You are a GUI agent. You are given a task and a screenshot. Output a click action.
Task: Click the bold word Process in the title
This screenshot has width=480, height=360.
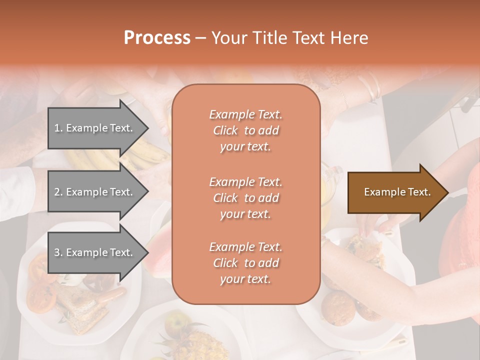coord(157,38)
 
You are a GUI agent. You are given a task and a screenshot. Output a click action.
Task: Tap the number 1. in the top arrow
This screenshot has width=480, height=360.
coord(58,128)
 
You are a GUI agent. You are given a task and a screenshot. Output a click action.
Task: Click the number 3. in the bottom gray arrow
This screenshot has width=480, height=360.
coord(58,252)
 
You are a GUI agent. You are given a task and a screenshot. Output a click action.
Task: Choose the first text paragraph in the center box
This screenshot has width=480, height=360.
coord(245,130)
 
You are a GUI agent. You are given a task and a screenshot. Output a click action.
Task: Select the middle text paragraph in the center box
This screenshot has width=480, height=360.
coord(245,198)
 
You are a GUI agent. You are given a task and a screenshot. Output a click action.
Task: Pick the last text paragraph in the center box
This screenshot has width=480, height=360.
coord(245,263)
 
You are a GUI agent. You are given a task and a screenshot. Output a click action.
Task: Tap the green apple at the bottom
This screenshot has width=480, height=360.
coord(175,322)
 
